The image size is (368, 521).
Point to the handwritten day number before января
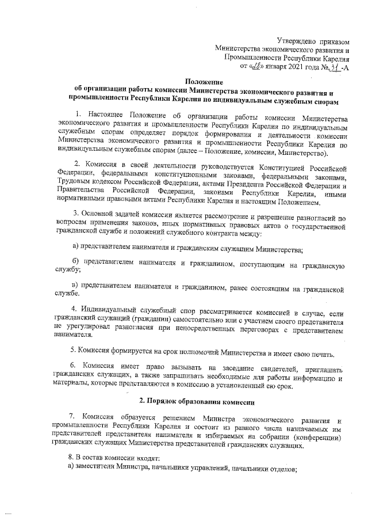[255, 67]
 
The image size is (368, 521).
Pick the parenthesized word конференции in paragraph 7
[320, 439]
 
